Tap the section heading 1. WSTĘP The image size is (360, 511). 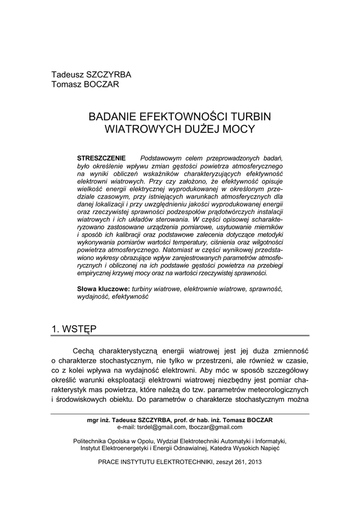74,329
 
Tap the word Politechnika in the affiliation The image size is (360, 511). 90,441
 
